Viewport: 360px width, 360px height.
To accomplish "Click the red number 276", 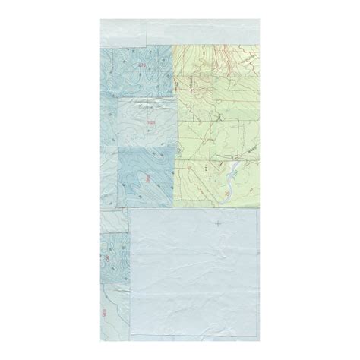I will tap(142, 66).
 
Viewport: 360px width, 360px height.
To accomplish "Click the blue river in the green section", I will tap(228, 179).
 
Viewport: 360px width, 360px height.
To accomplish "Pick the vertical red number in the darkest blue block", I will tap(148, 178).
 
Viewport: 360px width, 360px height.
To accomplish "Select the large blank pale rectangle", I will tap(194, 273).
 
